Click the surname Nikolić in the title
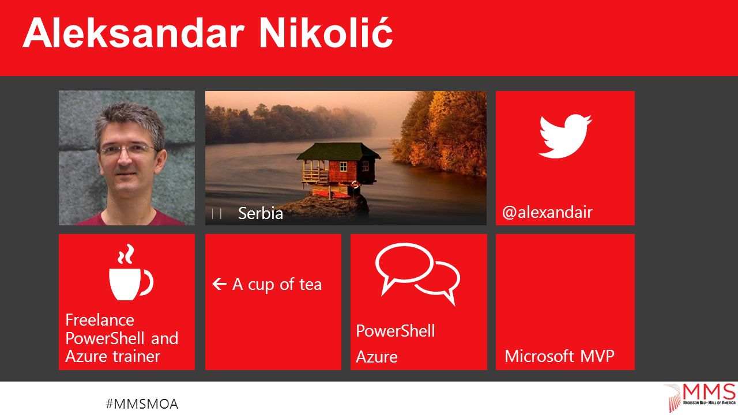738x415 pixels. (x=326, y=32)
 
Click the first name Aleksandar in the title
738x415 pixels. (x=134, y=33)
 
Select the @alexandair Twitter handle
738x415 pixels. (x=547, y=213)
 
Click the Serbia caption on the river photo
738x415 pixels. (x=261, y=213)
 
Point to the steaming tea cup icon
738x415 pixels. (x=131, y=272)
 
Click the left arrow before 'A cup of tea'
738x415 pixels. (x=220, y=284)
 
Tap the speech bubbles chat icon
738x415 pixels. (x=417, y=274)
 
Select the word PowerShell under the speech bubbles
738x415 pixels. (x=396, y=331)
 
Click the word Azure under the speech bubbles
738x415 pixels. (x=376, y=357)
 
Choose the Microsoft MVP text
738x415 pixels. (x=559, y=356)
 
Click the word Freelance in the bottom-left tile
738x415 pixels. (x=100, y=320)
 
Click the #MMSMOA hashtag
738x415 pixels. (x=142, y=404)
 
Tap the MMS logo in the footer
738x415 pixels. (x=700, y=397)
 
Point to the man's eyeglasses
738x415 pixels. (x=128, y=150)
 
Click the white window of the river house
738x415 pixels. (x=343, y=167)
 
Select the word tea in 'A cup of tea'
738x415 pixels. (x=310, y=285)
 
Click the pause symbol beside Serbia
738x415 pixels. (x=216, y=214)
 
